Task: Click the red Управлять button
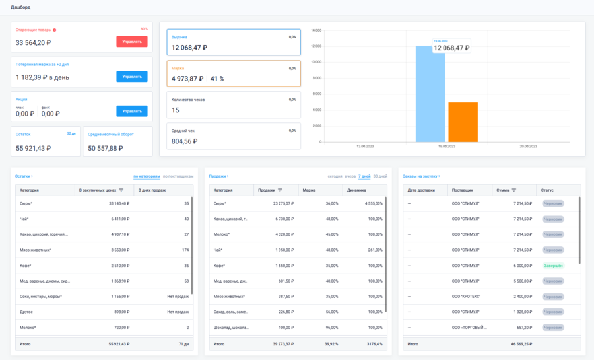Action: [x=132, y=42]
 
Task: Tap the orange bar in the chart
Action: [x=463, y=122]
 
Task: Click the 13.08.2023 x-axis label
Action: [x=365, y=146]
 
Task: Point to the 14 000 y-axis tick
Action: [x=315, y=30]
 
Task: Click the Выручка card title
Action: [x=179, y=37]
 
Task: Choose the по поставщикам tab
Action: [x=178, y=176]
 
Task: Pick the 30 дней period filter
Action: [x=380, y=176]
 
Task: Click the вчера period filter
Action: [x=350, y=176]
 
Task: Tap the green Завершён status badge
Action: [x=553, y=265]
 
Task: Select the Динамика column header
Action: [x=356, y=190]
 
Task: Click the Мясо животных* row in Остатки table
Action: [x=36, y=250]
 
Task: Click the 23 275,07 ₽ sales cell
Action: [x=280, y=203]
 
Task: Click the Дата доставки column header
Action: [x=422, y=190]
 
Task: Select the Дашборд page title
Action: [x=20, y=7]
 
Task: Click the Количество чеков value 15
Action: [x=176, y=110]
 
